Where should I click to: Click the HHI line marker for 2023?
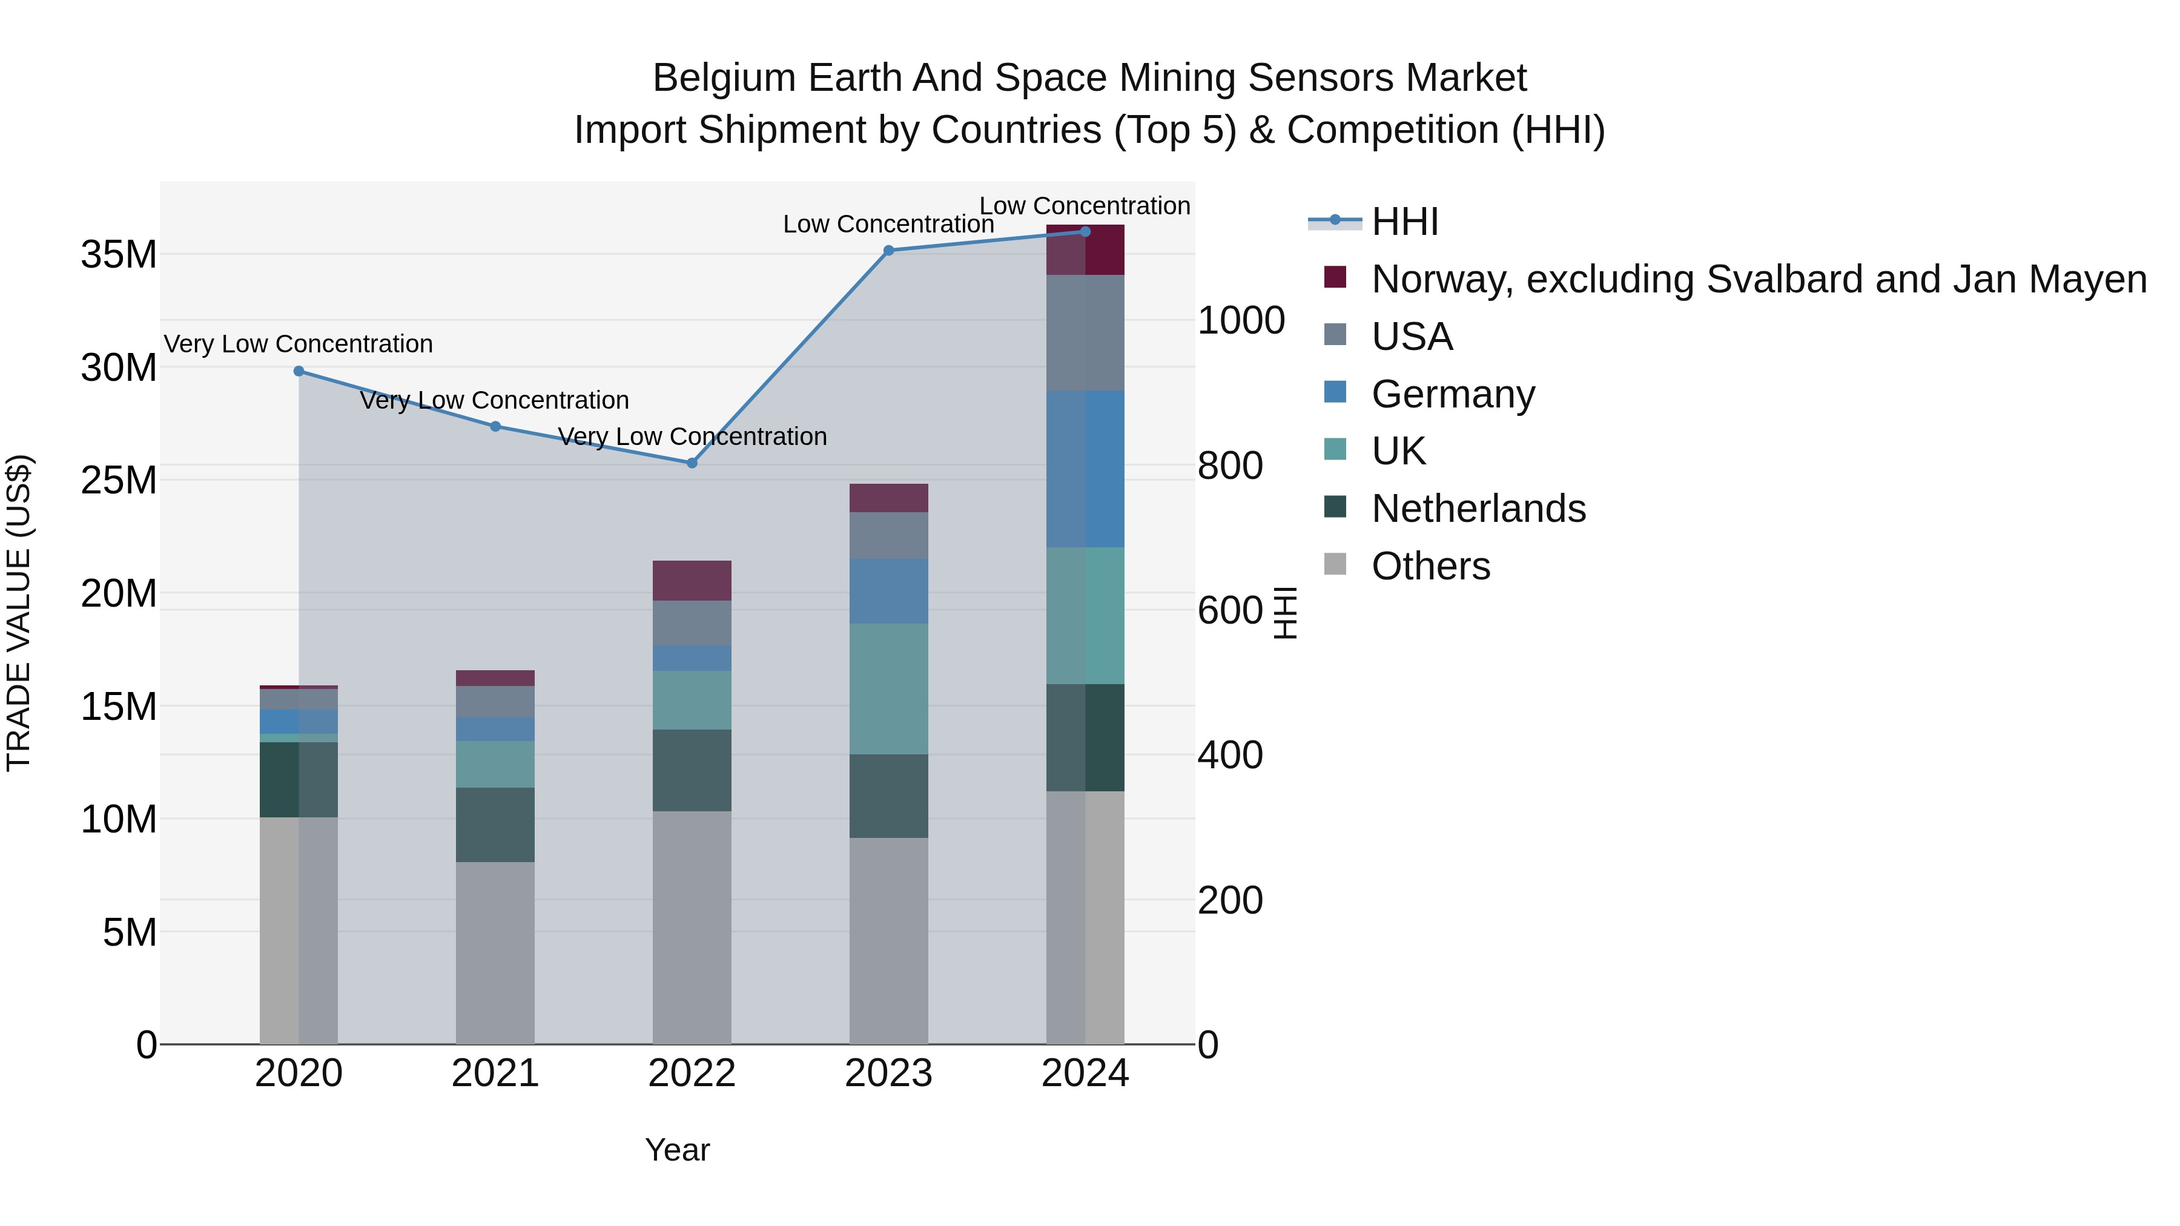pos(888,251)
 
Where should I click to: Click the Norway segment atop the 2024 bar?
pos(1085,251)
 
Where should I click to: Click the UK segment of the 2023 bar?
pos(888,689)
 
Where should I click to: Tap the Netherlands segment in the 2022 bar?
pos(692,770)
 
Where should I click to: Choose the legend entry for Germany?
pos(1452,394)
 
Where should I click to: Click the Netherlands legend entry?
pos(1478,509)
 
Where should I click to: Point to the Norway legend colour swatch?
pos(1335,277)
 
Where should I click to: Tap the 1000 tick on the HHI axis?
pos(1241,321)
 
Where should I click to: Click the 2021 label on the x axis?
pos(495,1073)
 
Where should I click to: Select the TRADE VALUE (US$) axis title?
pos(19,613)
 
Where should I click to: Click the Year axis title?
pos(677,1150)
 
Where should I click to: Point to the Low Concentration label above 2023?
pos(888,224)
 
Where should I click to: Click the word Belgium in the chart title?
pos(724,78)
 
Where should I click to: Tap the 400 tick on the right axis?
pos(1230,755)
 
